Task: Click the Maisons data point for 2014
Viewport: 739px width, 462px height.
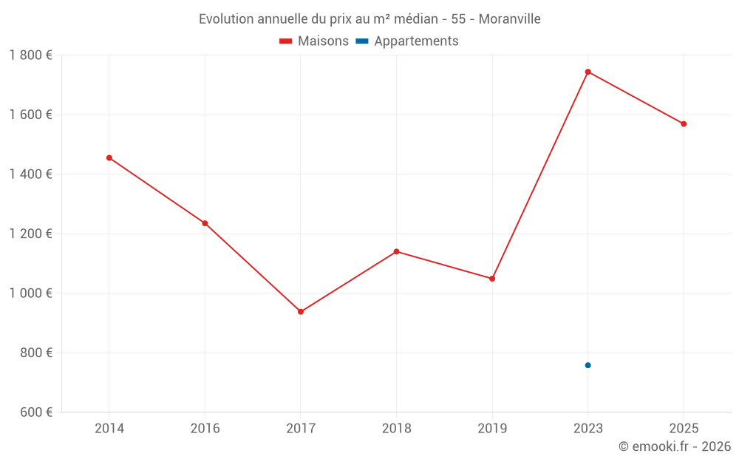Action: pyautogui.click(x=109, y=157)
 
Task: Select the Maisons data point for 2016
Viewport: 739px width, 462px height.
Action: pyautogui.click(x=205, y=223)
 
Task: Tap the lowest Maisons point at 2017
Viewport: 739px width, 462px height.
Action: pyautogui.click(x=301, y=312)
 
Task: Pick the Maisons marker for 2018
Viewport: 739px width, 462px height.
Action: pyautogui.click(x=396, y=251)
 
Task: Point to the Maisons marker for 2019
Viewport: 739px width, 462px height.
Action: pyautogui.click(x=492, y=279)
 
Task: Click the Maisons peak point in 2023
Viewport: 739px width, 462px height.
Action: pyautogui.click(x=588, y=72)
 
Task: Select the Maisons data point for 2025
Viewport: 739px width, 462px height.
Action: pyautogui.click(x=684, y=124)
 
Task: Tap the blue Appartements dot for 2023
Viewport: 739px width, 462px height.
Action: pyautogui.click(x=588, y=365)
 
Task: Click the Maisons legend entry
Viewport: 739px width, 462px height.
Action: pyautogui.click(x=314, y=41)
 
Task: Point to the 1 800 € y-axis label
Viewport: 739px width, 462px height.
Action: pyautogui.click(x=30, y=55)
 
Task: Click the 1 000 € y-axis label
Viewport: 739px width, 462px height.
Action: pyautogui.click(x=30, y=293)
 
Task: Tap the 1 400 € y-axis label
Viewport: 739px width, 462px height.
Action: pyautogui.click(x=30, y=174)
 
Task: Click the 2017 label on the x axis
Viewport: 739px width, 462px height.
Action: pyautogui.click(x=301, y=428)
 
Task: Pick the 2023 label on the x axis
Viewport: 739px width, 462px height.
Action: pyautogui.click(x=588, y=428)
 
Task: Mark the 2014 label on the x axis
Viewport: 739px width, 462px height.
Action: pyautogui.click(x=109, y=428)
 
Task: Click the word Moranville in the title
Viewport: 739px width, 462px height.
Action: pyautogui.click(x=509, y=19)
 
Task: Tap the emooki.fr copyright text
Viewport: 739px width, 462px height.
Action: pyautogui.click(x=675, y=446)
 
